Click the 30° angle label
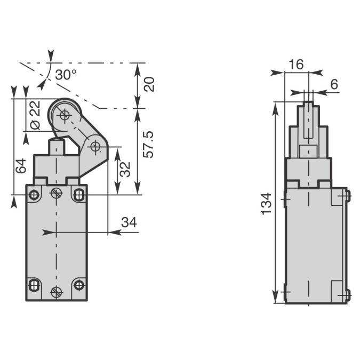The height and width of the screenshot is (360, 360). (x=66, y=75)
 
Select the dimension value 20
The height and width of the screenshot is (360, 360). (x=149, y=84)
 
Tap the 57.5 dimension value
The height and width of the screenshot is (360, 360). (x=149, y=145)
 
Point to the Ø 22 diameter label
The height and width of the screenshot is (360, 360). (x=35, y=115)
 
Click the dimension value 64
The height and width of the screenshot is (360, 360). (x=21, y=165)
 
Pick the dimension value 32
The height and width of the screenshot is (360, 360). (x=125, y=169)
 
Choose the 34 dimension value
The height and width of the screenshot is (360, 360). (x=129, y=222)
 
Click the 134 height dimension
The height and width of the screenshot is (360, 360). (x=266, y=204)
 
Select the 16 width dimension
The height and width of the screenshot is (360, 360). (x=296, y=65)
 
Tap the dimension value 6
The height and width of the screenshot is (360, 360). (x=334, y=84)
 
